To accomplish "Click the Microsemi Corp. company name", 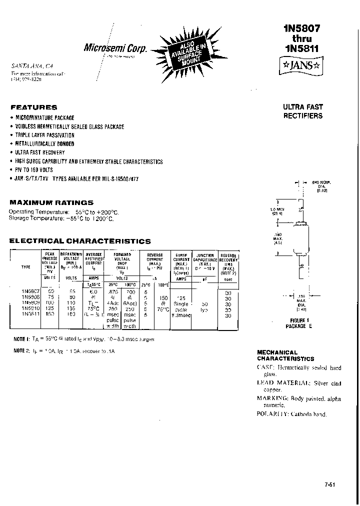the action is click(x=115, y=48).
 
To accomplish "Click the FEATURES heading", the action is click(x=34, y=107).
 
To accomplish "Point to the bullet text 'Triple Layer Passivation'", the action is click(x=45, y=135).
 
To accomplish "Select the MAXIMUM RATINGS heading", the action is click(x=51, y=202).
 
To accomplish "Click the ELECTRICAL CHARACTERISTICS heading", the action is click(x=80, y=241).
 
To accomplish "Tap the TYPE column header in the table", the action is click(x=25, y=266).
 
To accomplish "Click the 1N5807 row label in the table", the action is click(x=28, y=290).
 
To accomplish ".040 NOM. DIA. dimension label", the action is click(x=321, y=186).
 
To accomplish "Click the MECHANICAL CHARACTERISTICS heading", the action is click(x=285, y=355).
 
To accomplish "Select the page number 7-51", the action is click(x=330, y=484).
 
